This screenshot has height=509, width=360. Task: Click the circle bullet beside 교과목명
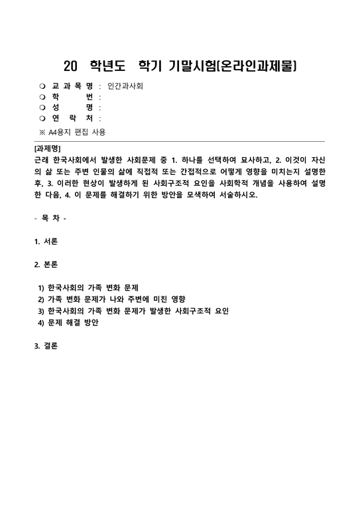tap(42, 85)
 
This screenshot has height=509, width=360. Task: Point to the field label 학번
tap(72, 96)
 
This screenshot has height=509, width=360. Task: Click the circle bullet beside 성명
tap(42, 107)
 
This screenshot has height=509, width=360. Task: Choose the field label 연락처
tap(72, 118)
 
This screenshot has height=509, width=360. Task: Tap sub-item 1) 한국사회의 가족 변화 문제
tap(88, 288)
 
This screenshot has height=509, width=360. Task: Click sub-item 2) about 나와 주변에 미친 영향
tap(112, 300)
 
